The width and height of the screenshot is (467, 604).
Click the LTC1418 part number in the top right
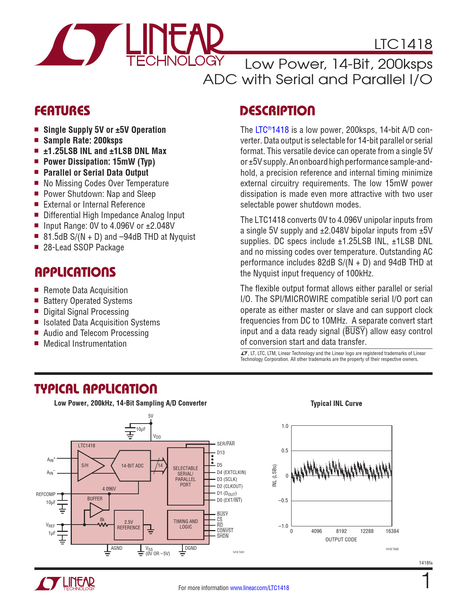(x=403, y=44)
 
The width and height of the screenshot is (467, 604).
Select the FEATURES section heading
(x=62, y=111)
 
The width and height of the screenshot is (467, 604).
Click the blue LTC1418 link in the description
(x=272, y=130)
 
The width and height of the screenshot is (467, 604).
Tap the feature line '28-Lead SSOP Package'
(x=84, y=247)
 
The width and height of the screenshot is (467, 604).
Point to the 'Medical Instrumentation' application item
(x=85, y=344)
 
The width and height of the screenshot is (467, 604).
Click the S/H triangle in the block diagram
(x=88, y=466)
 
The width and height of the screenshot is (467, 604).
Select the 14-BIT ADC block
(x=132, y=466)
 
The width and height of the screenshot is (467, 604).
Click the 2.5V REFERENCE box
(x=129, y=525)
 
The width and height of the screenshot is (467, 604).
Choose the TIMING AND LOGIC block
(x=185, y=524)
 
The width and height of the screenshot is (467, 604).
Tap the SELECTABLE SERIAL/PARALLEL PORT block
(x=185, y=476)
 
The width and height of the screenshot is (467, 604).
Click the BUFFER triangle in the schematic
(x=96, y=510)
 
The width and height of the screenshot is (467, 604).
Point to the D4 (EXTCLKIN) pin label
(x=231, y=472)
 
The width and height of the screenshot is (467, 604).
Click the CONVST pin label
(x=225, y=530)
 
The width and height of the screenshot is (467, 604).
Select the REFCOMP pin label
(x=46, y=494)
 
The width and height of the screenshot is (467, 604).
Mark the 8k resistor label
(x=102, y=519)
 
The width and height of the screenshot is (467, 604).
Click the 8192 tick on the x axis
(x=341, y=531)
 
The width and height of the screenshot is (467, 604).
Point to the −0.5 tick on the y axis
(x=283, y=500)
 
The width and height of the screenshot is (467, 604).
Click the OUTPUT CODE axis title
(x=341, y=540)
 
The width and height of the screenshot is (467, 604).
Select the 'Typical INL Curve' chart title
(x=336, y=403)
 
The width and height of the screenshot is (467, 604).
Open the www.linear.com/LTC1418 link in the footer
(x=259, y=588)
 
